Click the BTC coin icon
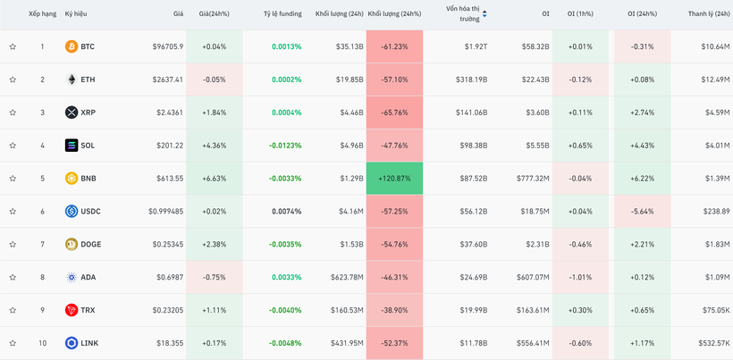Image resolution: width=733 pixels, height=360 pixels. coord(72,46)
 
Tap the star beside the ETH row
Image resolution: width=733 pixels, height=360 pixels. coord(13,80)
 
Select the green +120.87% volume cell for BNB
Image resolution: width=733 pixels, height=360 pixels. coord(394,179)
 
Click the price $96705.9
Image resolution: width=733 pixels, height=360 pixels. coord(166,46)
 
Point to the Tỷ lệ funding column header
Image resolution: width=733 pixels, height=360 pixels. coord(282,14)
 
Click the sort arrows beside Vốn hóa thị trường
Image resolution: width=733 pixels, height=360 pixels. coord(484,14)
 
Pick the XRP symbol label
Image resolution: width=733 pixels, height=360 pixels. coord(88,113)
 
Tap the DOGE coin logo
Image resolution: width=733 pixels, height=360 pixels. coord(72,244)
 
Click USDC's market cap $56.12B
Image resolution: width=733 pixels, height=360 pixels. coord(472,212)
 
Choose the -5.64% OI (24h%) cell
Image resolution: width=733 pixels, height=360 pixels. coord(641,212)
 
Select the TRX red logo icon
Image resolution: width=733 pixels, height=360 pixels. coord(72,310)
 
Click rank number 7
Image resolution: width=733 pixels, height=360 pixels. coord(41,244)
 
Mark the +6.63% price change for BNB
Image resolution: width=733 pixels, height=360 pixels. coord(215,179)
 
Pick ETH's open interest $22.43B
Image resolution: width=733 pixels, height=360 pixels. coord(535,80)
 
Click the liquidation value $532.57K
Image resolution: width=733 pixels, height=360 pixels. coord(712,343)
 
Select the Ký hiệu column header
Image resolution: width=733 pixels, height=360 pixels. coord(76,14)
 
